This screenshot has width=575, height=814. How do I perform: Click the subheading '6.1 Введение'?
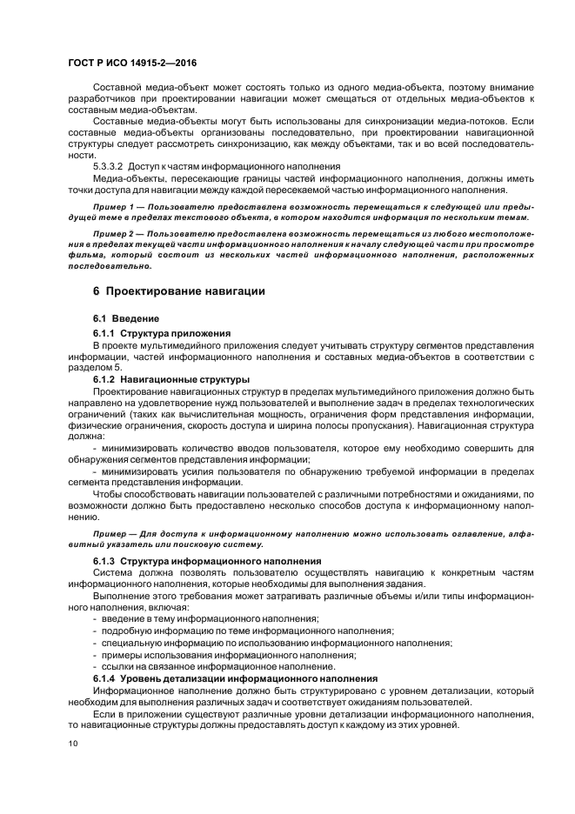click(x=126, y=318)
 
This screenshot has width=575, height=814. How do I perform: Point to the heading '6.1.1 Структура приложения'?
click(x=162, y=333)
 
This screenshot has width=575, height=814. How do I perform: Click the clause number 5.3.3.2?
click(x=111, y=165)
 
